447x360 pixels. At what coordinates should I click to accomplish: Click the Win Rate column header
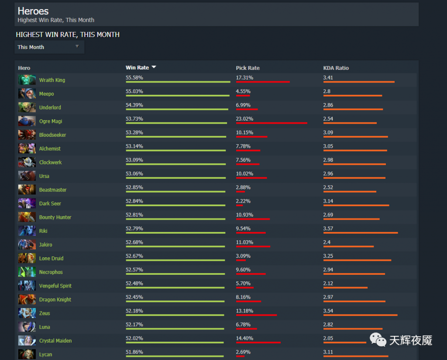pos(137,68)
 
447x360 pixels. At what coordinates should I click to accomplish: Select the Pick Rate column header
pos(248,68)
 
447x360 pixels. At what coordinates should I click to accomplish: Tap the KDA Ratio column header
pos(336,68)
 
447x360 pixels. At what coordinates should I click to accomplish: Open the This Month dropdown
pos(49,47)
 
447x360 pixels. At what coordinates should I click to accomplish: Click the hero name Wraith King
pos(52,80)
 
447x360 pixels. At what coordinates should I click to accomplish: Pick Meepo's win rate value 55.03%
pos(134,91)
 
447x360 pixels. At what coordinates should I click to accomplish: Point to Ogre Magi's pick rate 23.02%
pos(244,119)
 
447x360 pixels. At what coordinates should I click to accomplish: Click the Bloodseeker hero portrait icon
pos(27,135)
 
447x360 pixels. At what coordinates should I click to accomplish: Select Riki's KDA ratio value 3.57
pos(328,228)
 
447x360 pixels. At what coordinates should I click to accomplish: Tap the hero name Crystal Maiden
pos(55,341)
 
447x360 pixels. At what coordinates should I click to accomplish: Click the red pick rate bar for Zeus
pos(256,315)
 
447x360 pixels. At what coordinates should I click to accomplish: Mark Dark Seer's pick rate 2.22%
pos(243,201)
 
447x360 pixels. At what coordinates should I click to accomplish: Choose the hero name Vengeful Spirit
pos(55,286)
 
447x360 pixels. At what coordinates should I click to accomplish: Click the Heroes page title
pos(33,11)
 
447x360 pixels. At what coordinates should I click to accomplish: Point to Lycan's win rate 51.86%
pos(134,352)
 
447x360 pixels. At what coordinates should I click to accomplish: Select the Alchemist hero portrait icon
pos(27,148)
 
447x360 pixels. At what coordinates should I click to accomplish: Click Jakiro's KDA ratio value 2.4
pos(327,242)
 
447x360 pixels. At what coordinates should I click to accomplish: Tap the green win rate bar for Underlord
pos(177,109)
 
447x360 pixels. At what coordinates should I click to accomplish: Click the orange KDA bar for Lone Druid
pos(357,260)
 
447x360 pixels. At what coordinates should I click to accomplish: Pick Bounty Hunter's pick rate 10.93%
pos(244,215)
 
